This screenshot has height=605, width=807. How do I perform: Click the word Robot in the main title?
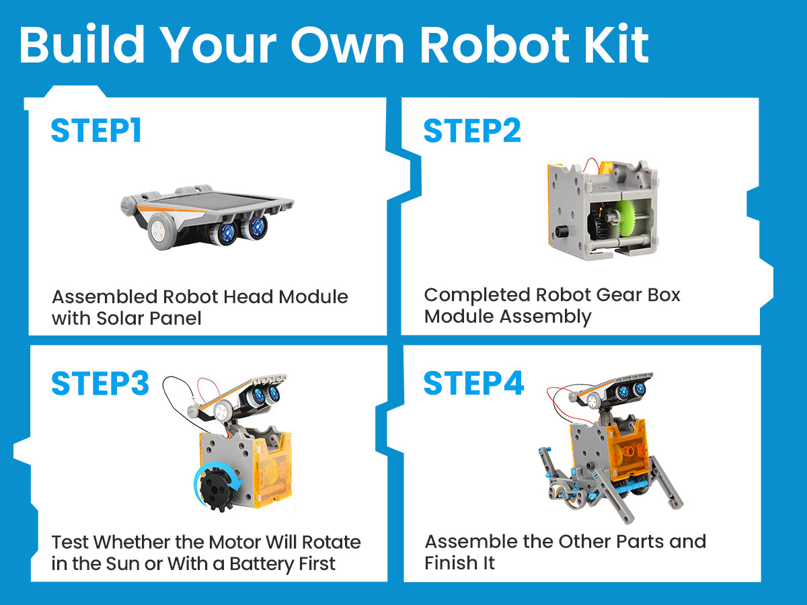pos(494,45)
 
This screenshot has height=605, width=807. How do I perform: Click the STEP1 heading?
pos(96,130)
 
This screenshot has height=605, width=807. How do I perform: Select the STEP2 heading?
pos(472,130)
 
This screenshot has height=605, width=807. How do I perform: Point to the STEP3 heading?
pos(100,383)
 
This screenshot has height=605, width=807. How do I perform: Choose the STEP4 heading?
pos(473,383)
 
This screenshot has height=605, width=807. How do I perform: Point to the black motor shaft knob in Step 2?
pos(562,231)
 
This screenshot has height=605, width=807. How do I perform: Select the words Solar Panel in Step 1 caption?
pos(149,318)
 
